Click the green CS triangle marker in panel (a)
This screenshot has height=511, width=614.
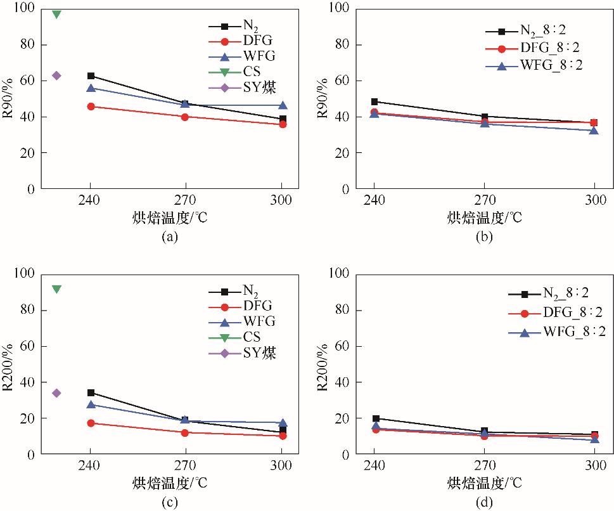pyautogui.click(x=56, y=14)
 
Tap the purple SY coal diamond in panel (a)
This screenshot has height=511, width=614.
pyautogui.click(x=56, y=75)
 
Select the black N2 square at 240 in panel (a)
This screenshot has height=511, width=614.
pyautogui.click(x=91, y=76)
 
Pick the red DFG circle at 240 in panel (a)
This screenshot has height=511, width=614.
pyautogui.click(x=91, y=107)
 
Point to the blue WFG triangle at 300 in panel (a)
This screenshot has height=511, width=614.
pyautogui.click(x=283, y=105)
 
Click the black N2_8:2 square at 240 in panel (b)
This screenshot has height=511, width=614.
pyautogui.click(x=374, y=101)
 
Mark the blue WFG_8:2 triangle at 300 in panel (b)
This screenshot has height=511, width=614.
pyautogui.click(x=594, y=130)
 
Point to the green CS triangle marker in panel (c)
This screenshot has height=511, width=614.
pyautogui.click(x=56, y=289)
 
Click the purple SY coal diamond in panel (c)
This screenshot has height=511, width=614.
pyautogui.click(x=56, y=393)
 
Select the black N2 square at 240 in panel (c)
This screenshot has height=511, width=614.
pyautogui.click(x=91, y=393)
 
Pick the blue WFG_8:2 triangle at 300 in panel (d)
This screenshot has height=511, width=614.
pyautogui.click(x=594, y=439)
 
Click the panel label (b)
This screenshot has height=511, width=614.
pyautogui.click(x=484, y=236)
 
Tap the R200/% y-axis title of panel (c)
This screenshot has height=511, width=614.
pyautogui.click(x=11, y=364)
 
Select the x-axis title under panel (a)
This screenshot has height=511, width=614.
pyautogui.click(x=167, y=217)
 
